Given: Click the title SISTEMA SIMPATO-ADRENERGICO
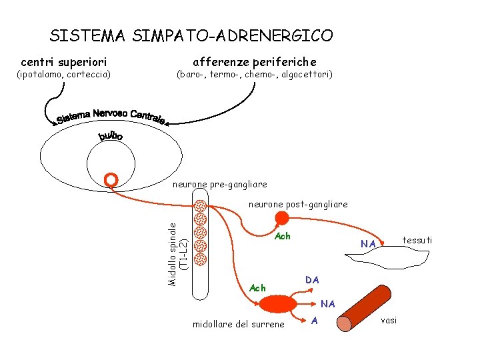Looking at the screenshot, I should (191, 35).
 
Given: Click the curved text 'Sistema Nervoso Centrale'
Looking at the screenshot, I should (111, 115).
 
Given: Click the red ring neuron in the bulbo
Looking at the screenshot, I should (112, 179).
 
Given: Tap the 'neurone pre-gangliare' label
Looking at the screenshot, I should (219, 184).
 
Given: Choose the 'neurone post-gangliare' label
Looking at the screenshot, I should (298, 204).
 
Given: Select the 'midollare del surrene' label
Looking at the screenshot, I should (238, 324).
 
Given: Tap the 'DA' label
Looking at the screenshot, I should (313, 279).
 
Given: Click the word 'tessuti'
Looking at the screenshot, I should (417, 239).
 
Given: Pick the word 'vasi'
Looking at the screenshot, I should (388, 320).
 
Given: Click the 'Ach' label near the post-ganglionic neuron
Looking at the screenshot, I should (283, 237).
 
